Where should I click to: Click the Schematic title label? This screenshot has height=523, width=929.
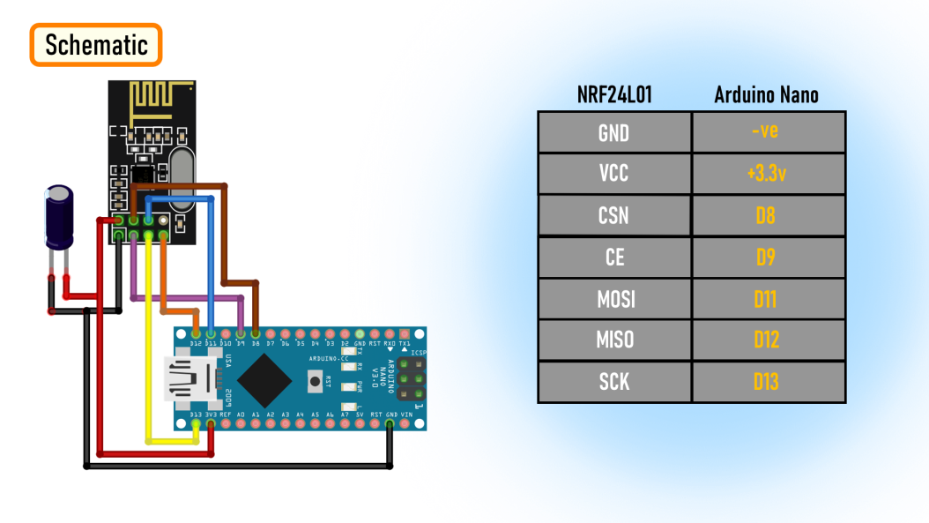pyautogui.click(x=96, y=45)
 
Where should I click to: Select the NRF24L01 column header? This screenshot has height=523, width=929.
pyautogui.click(x=614, y=95)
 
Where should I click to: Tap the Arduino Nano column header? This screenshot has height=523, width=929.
pyautogui.click(x=766, y=95)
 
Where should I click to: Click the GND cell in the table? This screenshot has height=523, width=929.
pyautogui.click(x=613, y=132)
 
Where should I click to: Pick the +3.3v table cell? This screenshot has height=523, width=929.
pyautogui.click(x=766, y=174)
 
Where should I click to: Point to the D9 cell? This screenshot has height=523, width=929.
pyautogui.click(x=766, y=258)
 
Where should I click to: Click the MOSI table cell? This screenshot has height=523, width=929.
pyautogui.click(x=613, y=299)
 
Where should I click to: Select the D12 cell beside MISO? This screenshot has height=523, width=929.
pyautogui.click(x=766, y=340)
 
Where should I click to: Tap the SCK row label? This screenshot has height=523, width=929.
pyautogui.click(x=613, y=382)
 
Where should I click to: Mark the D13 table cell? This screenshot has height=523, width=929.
pyautogui.click(x=766, y=382)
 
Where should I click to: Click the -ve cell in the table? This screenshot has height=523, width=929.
pyautogui.click(x=766, y=132)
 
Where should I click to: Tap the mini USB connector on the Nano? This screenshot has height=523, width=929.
pyautogui.click(x=190, y=378)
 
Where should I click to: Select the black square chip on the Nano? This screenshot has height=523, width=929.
pyautogui.click(x=265, y=379)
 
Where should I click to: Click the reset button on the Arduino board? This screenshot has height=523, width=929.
pyautogui.click(x=313, y=383)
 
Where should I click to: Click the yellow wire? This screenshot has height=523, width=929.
pyautogui.click(x=148, y=353)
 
